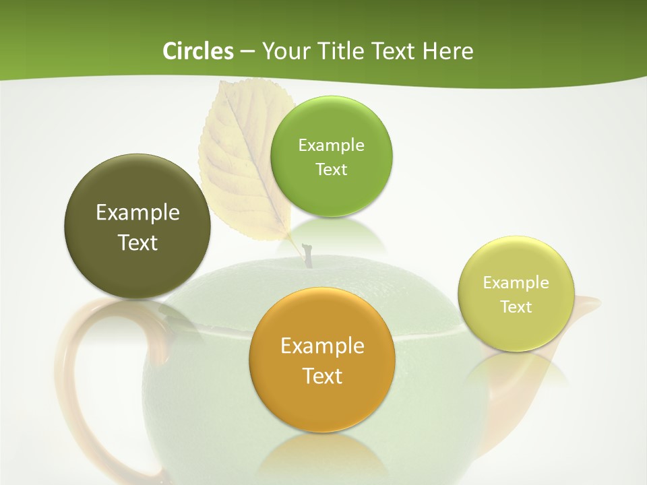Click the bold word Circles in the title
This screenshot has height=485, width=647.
[197, 51]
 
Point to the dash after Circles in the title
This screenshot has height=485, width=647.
[247, 52]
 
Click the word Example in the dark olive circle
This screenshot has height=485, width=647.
[137, 212]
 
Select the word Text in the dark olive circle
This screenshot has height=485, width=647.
[137, 243]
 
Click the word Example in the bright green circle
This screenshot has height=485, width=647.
[331, 145]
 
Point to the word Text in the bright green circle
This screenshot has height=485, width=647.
[331, 169]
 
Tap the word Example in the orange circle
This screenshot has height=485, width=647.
[322, 346]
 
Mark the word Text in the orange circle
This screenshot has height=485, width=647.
[322, 376]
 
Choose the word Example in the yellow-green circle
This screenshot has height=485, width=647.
[516, 282]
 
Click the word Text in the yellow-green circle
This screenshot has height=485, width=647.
[516, 306]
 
